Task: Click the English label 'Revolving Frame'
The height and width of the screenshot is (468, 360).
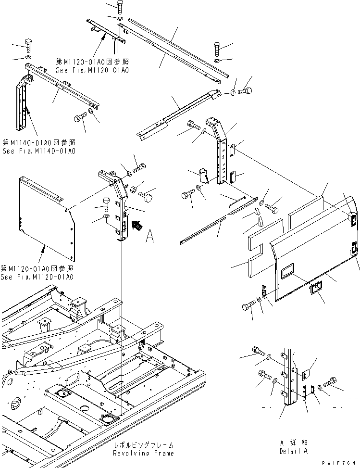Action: pyautogui.click(x=143, y=453)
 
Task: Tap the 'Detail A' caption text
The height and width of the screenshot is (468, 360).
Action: pyautogui.click(x=293, y=451)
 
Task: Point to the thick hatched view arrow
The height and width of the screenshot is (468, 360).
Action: pyautogui.click(x=138, y=224)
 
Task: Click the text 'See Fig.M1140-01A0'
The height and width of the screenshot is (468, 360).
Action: pyautogui.click(x=39, y=151)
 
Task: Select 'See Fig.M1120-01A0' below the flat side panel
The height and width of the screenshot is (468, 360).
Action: pyautogui.click(x=37, y=277)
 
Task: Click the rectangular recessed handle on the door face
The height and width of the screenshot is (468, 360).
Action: pyautogui.click(x=288, y=271)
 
